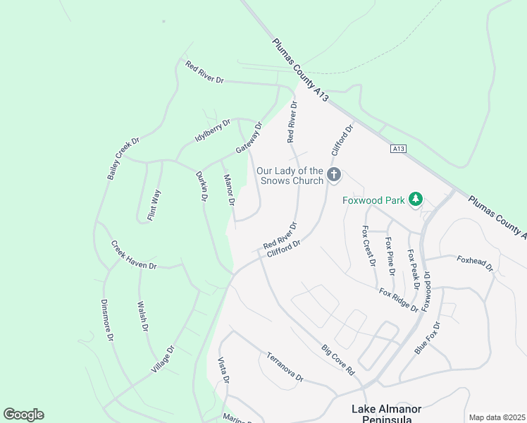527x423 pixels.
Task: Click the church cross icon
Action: coord(335,173)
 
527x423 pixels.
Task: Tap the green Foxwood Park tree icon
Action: coord(416,200)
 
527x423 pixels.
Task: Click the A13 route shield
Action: coord(398,149)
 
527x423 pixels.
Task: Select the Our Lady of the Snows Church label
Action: coord(290,176)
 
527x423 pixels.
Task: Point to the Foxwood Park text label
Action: coord(373,200)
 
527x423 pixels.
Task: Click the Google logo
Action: coord(23,415)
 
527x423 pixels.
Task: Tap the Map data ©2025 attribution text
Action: coord(497,417)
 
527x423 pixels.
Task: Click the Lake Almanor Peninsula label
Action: coord(386,414)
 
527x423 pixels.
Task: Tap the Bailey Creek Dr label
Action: coord(123,158)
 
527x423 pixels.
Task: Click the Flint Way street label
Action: coord(154,205)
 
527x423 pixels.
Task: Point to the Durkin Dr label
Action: coord(201,187)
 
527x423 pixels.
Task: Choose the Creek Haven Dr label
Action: coord(133,255)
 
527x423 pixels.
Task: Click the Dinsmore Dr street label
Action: coord(107,321)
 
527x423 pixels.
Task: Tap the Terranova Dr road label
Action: coord(284,367)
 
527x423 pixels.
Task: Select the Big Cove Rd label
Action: coord(337,359)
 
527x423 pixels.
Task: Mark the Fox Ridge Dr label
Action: coord(398,300)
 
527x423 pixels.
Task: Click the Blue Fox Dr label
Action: coord(427,338)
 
